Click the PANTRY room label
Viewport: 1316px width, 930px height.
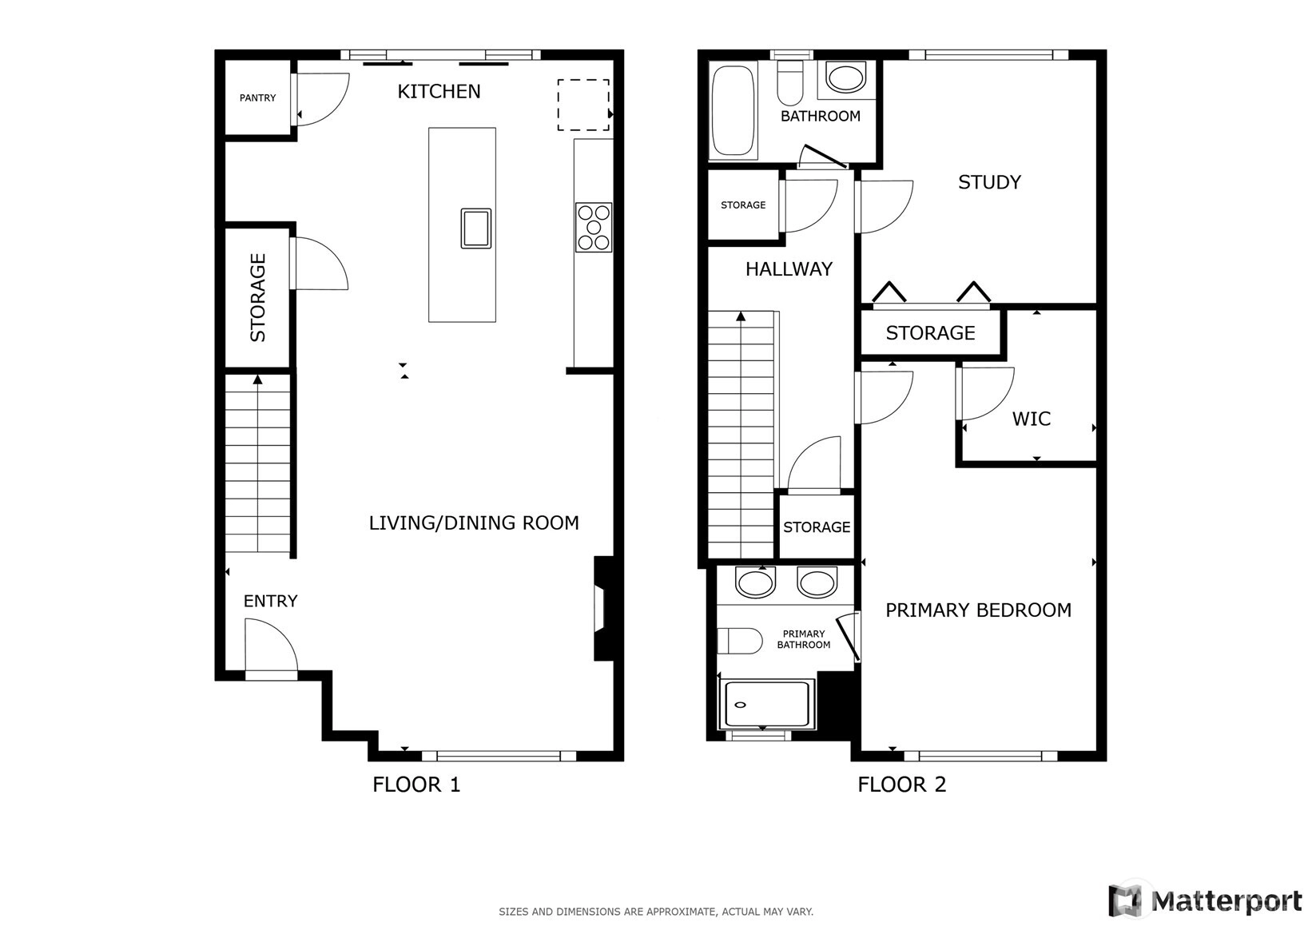coord(257,97)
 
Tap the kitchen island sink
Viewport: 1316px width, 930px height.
coord(476,228)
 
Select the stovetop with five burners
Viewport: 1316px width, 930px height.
coord(594,228)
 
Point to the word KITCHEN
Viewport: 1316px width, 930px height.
coord(439,91)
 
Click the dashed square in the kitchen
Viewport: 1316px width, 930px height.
coord(583,105)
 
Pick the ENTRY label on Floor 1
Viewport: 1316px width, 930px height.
coord(270,601)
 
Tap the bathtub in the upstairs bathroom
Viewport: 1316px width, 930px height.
coord(733,110)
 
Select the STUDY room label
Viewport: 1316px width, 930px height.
coord(989,182)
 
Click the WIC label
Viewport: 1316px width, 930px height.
coord(1031,419)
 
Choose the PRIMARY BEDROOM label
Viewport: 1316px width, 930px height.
coord(978,610)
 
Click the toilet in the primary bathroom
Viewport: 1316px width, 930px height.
coord(740,641)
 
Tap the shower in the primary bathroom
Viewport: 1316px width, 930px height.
coord(767,705)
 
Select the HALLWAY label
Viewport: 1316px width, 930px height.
coord(789,269)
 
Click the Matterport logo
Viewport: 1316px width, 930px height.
coord(1205,900)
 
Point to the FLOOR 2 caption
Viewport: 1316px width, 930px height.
coord(902,785)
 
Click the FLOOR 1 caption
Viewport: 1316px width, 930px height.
coord(416,785)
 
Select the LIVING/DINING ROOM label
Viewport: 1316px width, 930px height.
coord(474,523)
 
